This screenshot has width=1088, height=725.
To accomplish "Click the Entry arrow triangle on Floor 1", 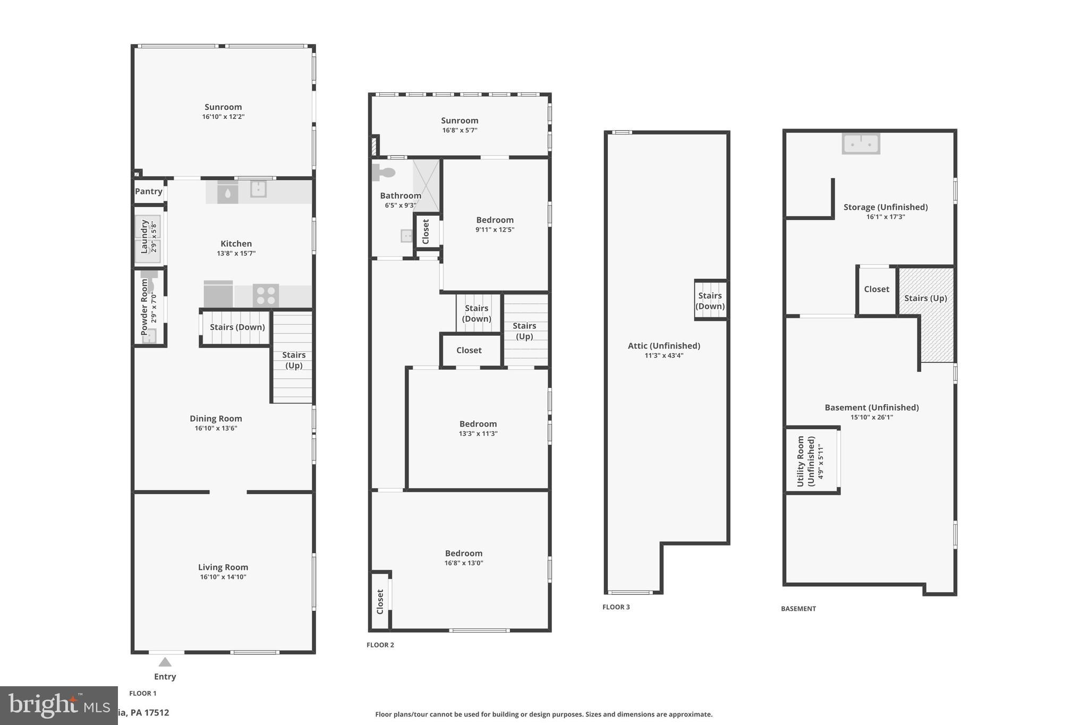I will point(165,662).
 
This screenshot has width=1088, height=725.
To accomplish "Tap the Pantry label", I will point(148,191).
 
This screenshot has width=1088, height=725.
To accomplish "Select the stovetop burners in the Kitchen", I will point(266,296).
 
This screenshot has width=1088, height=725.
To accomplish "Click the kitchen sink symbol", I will point(258,189).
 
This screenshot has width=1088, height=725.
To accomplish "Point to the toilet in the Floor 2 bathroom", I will point(384,173).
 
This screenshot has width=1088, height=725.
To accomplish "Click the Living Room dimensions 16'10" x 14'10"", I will point(223,577).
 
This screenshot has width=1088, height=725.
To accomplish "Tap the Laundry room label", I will point(144,236).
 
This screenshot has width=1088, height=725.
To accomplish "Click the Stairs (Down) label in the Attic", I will point(710,301).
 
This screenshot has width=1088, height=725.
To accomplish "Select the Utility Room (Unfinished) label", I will point(805,460).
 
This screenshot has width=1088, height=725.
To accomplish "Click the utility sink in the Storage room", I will point(861,143).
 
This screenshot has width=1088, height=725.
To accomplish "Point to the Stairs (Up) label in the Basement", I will point(925,298).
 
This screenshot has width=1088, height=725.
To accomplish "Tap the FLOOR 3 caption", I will point(616,607).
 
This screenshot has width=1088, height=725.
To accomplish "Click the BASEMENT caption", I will point(798,609).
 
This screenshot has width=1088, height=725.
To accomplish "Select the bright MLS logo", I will point(58,705).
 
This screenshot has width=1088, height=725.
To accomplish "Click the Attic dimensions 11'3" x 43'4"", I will point(664,355).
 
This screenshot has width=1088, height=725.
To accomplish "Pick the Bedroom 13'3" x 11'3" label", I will point(478,424).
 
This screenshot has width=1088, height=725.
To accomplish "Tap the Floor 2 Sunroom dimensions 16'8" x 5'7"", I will point(460,130).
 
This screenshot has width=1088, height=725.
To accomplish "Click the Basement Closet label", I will point(876,289).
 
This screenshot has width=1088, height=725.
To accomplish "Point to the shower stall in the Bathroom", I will point(427,185).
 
